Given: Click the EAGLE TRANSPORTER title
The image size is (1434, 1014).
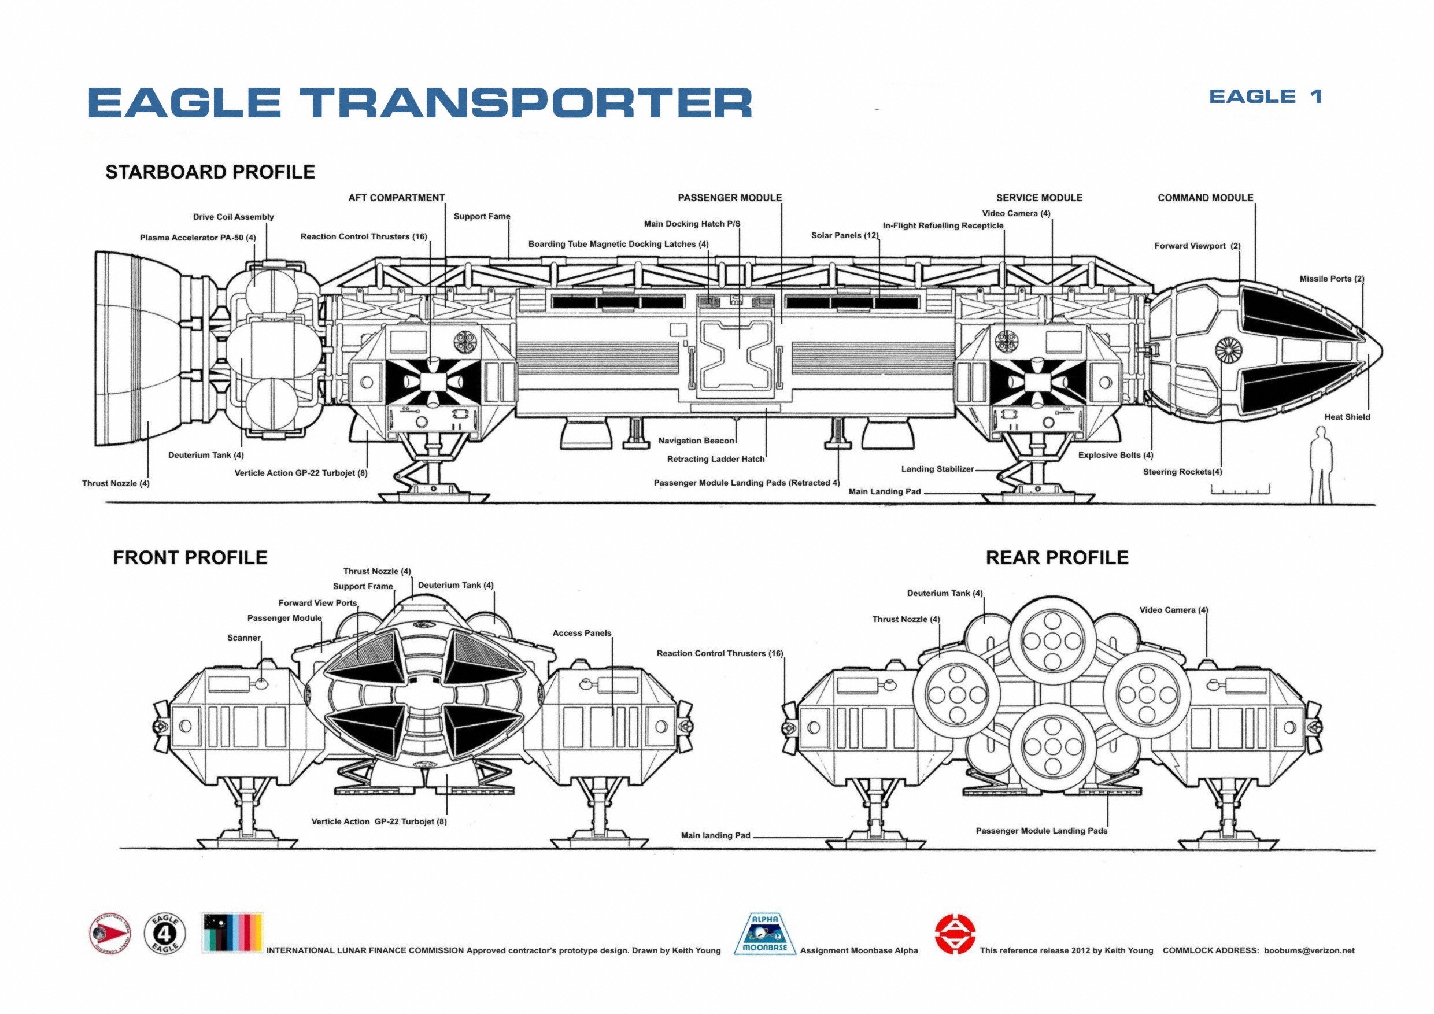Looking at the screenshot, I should (420, 102).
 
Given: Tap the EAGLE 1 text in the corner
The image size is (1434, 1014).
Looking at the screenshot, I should (1265, 97).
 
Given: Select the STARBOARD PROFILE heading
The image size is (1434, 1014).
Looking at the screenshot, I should (210, 172).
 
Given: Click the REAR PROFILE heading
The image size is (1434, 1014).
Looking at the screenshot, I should (1057, 557).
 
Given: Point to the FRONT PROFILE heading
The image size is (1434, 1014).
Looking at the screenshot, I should (190, 557).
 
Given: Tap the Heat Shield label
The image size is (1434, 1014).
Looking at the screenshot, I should (1347, 417).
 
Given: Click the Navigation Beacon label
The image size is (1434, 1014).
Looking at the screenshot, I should (696, 441).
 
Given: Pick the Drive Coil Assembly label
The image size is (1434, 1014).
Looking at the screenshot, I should (233, 217).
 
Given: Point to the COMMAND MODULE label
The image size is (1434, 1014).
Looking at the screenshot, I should (1205, 198).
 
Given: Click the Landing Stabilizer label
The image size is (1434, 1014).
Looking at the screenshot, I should (937, 469).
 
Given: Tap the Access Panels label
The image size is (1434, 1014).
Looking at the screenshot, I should (582, 633).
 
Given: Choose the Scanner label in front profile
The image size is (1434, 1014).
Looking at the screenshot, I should (243, 638).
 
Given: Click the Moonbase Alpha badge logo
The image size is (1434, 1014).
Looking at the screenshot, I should (764, 934).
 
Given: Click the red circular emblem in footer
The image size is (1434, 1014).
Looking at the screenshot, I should (955, 934).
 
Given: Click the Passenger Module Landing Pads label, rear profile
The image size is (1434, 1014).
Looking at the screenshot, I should (1041, 831).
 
